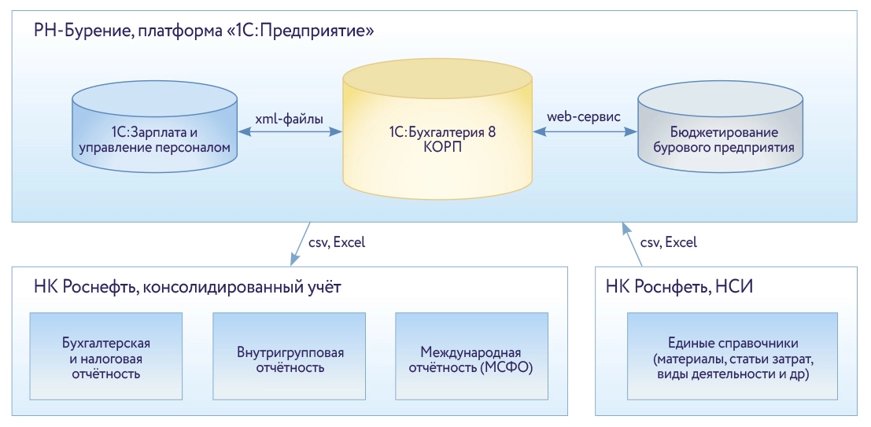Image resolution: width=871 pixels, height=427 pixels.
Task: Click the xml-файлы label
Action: pos(290,118)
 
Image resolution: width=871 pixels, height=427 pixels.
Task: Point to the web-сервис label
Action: pos(584,117)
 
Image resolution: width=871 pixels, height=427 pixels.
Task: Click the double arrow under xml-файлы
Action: pos(290,134)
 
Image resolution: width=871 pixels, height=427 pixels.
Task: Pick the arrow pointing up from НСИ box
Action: pos(630,244)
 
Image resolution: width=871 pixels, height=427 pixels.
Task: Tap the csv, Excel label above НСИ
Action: pos(668,242)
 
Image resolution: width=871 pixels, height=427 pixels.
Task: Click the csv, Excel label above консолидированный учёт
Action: pos(337,242)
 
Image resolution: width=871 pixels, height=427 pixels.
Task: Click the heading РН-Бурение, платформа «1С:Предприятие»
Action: pos(203,32)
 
